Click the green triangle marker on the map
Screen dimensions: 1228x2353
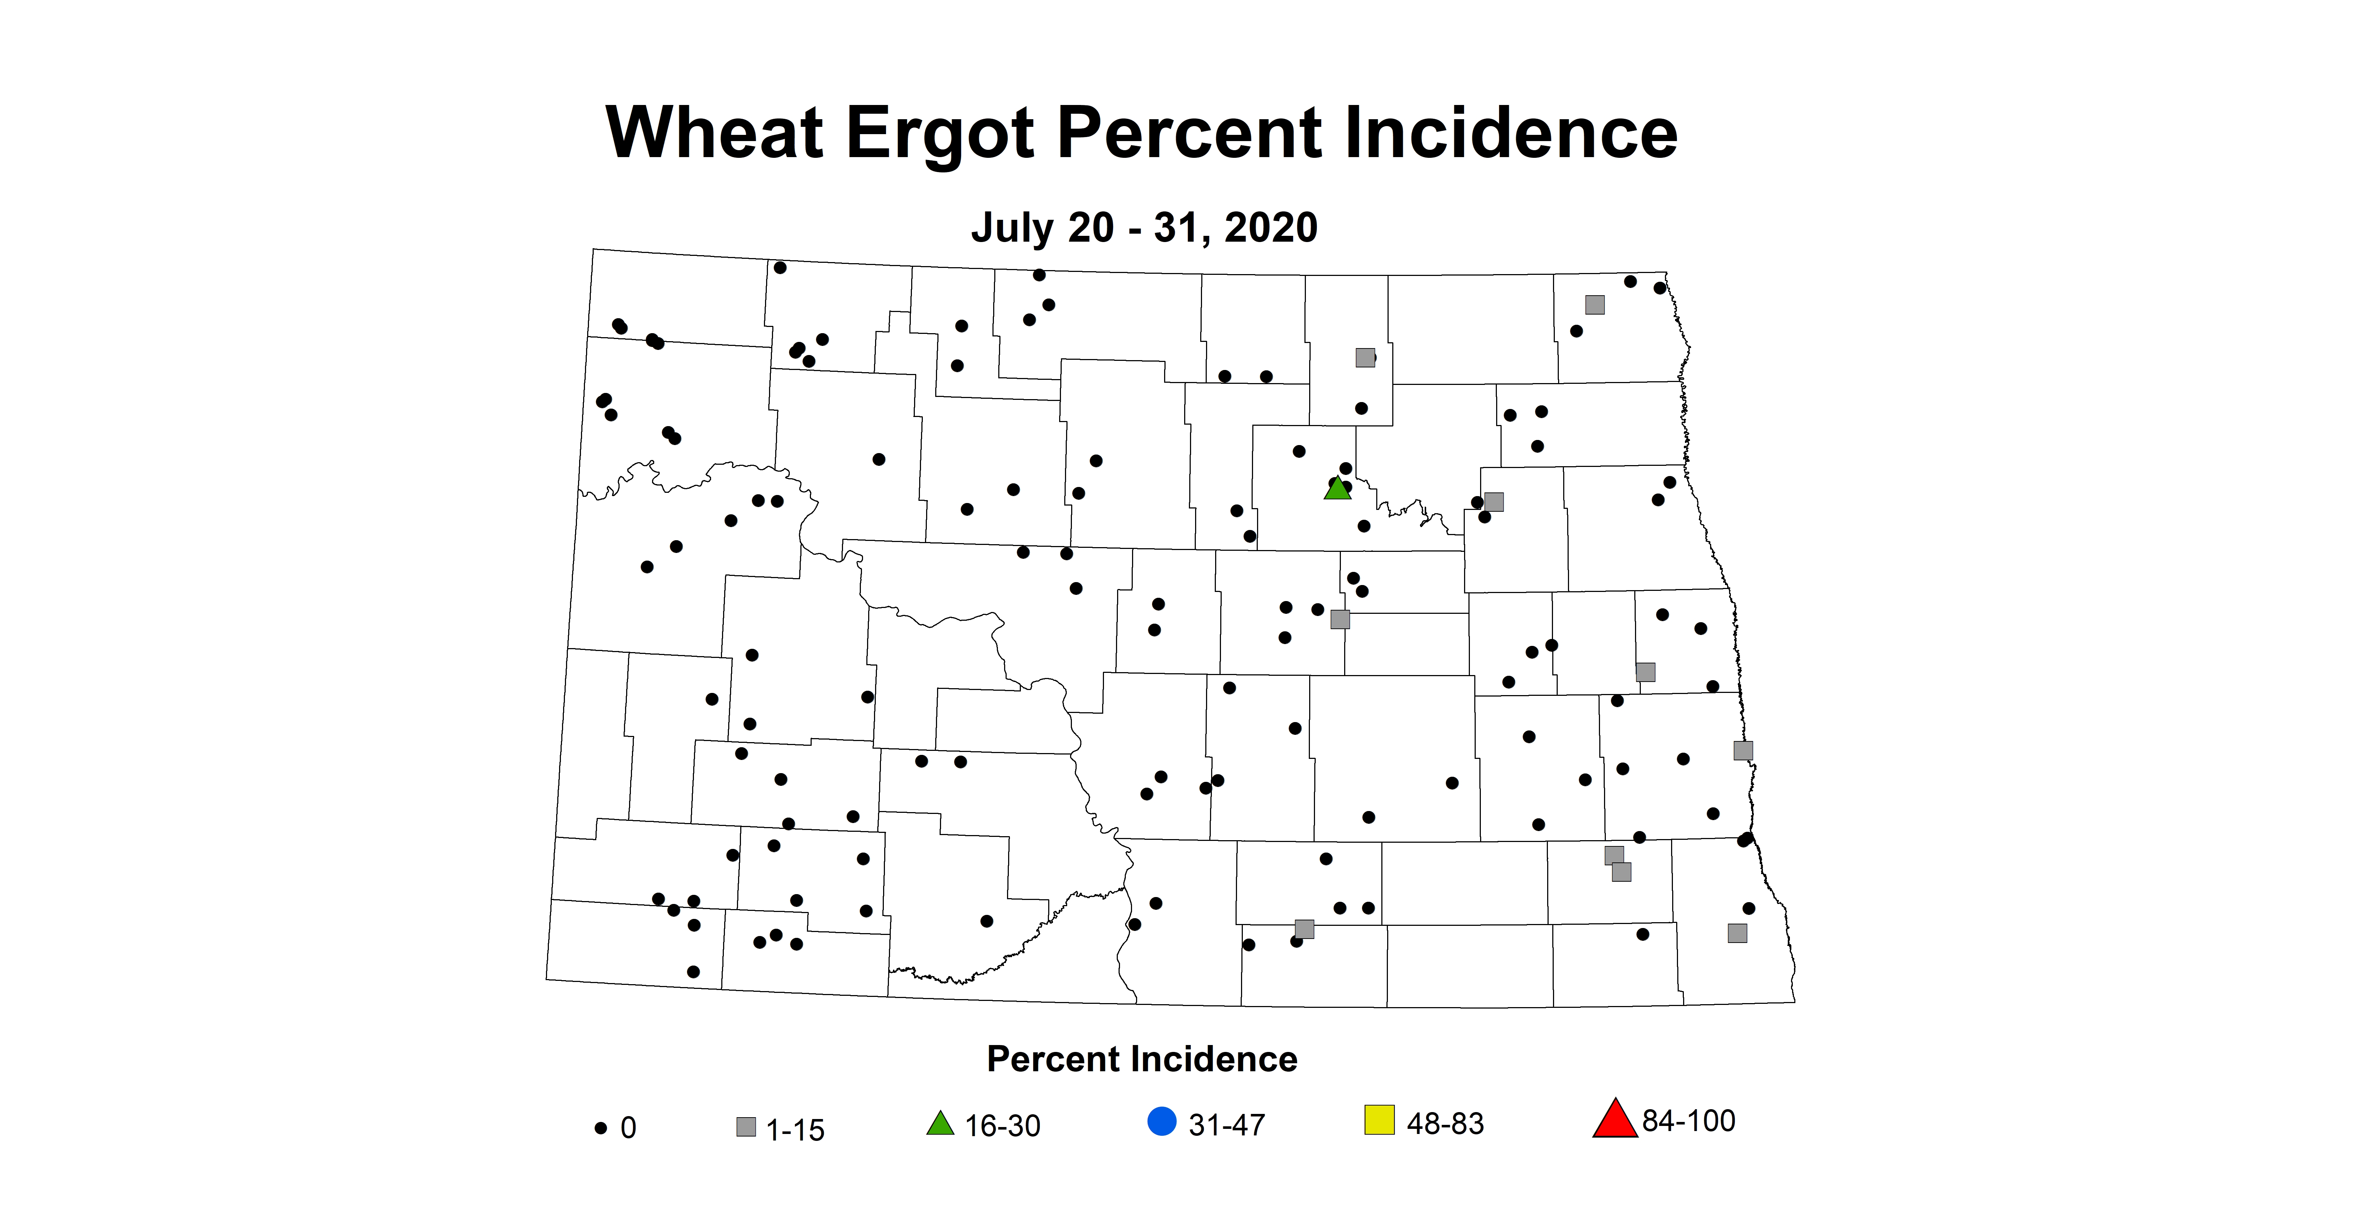coord(1337,489)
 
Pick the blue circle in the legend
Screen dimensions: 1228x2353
coord(1162,1121)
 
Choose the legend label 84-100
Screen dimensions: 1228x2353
coord(1688,1121)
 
